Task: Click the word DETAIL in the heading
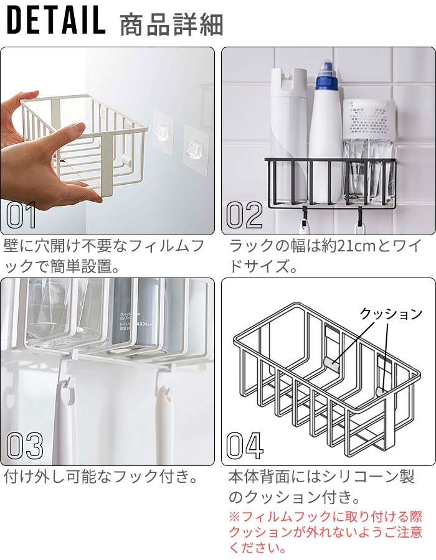point(56,21)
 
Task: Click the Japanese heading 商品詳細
point(171,25)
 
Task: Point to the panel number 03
point(25,446)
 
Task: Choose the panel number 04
point(245,446)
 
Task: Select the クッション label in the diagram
point(391,314)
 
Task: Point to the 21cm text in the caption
point(355,246)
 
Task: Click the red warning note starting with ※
point(325,532)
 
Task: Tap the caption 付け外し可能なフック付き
point(101,477)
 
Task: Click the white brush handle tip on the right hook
point(164,393)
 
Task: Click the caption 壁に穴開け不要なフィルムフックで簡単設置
point(103,256)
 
